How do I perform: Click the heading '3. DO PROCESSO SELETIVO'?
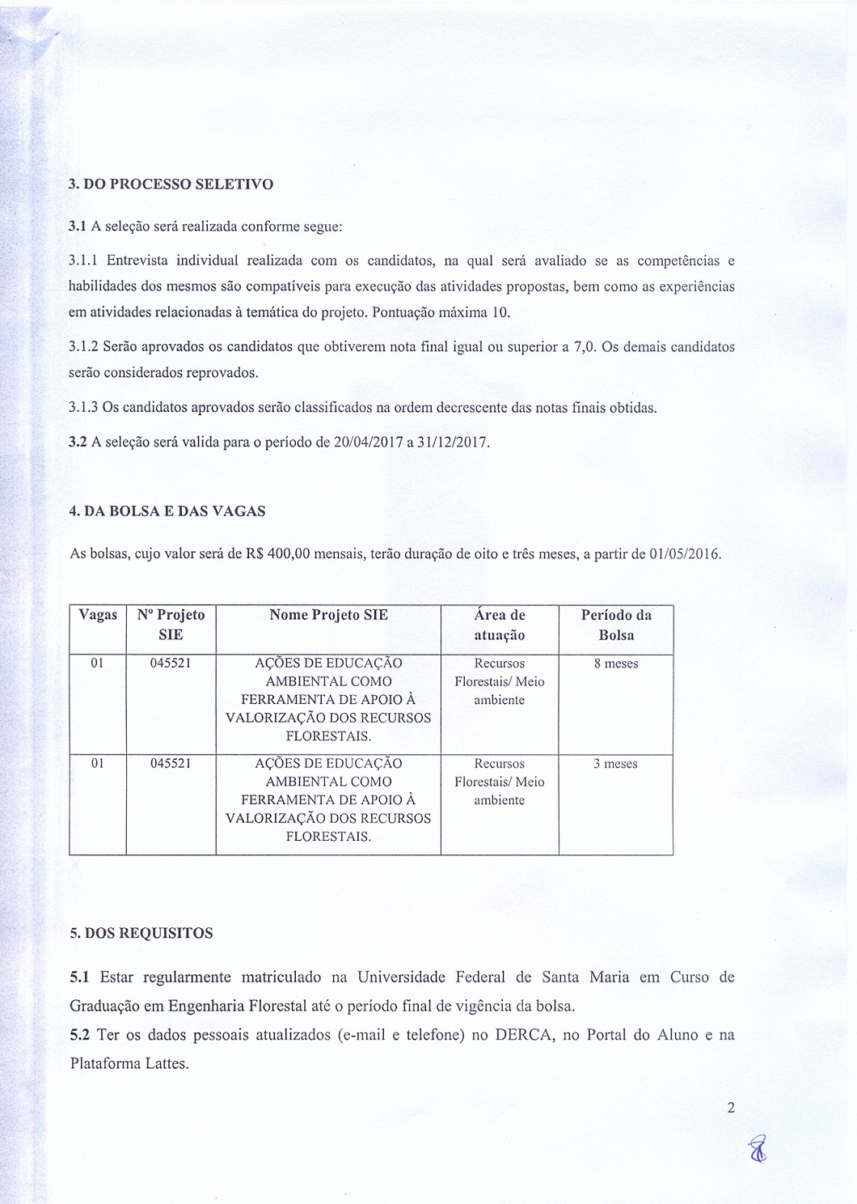click(x=171, y=184)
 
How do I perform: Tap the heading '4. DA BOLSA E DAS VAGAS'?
click(x=167, y=511)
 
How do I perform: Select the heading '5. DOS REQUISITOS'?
click(x=141, y=933)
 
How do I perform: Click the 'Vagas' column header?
click(x=98, y=615)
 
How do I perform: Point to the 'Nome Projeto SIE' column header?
click(x=328, y=615)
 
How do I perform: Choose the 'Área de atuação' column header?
click(x=500, y=625)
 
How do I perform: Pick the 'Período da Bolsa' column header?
click(x=616, y=625)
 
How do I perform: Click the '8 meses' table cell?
click(x=616, y=663)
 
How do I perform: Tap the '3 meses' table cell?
click(x=616, y=764)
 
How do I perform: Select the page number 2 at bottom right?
click(x=731, y=1108)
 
